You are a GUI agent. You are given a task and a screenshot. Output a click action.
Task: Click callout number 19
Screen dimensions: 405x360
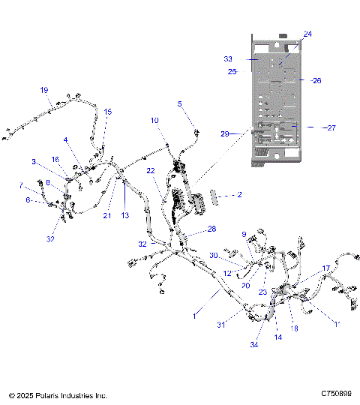(44, 90)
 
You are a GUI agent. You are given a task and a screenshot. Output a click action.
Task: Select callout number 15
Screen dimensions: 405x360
(108, 112)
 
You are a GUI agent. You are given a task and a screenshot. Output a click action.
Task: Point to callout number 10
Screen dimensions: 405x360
(154, 120)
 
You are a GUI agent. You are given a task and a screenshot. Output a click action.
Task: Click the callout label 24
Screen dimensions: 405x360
(307, 34)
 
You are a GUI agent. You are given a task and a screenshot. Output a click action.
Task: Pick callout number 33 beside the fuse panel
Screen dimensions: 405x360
(229, 58)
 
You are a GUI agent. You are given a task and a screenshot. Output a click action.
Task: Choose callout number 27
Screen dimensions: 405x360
(331, 127)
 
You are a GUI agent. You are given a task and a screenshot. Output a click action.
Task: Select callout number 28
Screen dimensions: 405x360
(211, 228)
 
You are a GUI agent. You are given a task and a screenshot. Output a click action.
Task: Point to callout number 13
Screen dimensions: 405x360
(125, 214)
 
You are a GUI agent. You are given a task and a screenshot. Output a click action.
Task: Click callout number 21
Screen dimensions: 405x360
(107, 215)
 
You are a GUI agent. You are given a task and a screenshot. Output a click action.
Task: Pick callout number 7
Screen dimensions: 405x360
(21, 184)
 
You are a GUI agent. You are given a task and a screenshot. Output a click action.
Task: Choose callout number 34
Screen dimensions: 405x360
(254, 344)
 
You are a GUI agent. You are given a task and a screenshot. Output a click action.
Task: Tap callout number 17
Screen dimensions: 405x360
(326, 268)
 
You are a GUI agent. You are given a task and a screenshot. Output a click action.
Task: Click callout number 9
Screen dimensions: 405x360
(244, 235)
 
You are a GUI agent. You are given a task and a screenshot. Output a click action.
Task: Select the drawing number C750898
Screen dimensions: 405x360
(335, 394)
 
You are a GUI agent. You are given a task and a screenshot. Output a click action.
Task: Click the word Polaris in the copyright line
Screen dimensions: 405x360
(49, 394)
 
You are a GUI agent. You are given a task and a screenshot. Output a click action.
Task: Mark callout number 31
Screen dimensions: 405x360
(221, 324)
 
